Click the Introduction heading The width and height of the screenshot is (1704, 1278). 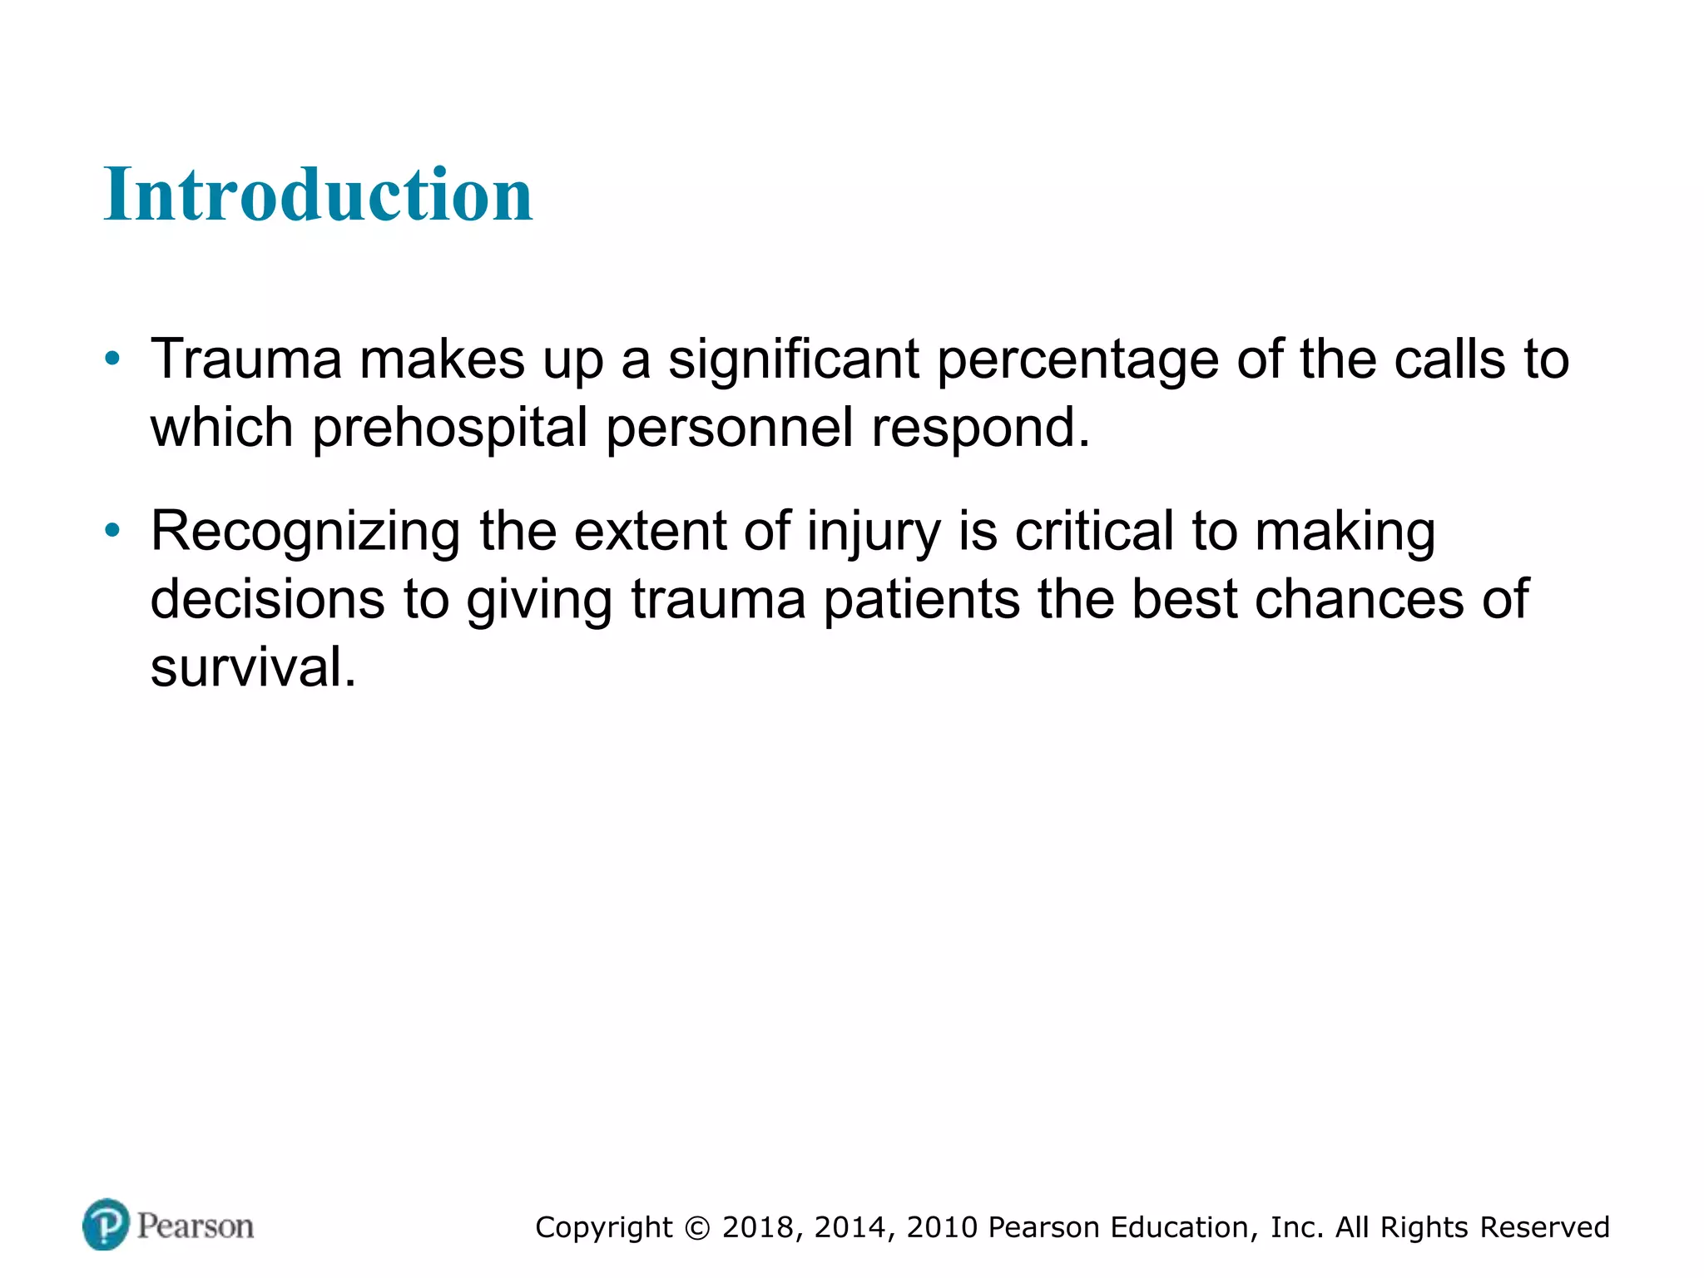[x=318, y=195]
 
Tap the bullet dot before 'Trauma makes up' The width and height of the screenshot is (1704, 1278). [x=112, y=359]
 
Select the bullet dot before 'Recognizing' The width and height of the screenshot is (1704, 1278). [x=112, y=531]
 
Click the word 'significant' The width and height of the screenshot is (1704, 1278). [x=794, y=359]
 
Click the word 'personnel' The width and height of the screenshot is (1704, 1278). [x=730, y=428]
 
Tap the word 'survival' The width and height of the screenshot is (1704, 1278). [x=253, y=667]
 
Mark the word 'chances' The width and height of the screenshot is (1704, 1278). [x=1359, y=599]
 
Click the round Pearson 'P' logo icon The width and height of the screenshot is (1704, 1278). [x=106, y=1225]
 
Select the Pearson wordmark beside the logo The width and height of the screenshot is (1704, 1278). [x=196, y=1226]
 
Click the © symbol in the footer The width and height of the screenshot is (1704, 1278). [x=697, y=1228]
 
